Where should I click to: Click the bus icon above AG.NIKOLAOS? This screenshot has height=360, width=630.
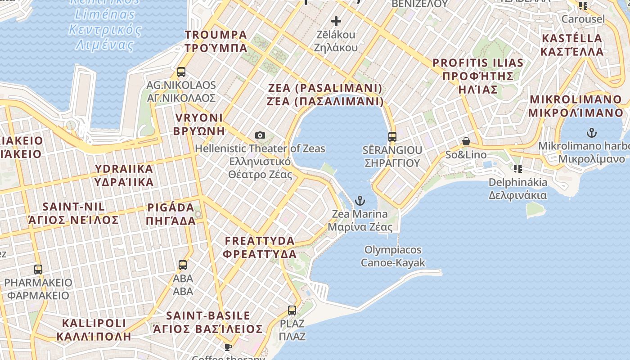coord(181,72)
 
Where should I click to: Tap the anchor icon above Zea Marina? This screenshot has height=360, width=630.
coord(360,201)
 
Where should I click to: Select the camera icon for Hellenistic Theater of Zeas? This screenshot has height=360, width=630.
coord(260,135)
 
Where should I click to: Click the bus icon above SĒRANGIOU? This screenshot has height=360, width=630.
coord(392,136)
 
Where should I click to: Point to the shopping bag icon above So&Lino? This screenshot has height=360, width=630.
coord(466,142)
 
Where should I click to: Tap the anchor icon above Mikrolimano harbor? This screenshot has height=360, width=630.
coord(592,133)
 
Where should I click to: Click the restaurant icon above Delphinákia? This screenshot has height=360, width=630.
coord(517,169)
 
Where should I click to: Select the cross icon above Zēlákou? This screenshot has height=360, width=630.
coord(336,21)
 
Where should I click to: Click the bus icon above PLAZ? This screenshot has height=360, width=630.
coord(292,310)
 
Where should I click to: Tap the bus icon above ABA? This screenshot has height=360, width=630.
coord(183,265)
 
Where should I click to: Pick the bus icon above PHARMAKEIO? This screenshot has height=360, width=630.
coord(38,270)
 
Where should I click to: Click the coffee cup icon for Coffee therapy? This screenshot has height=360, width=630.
coord(228,347)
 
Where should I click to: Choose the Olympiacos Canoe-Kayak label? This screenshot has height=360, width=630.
coord(393,256)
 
